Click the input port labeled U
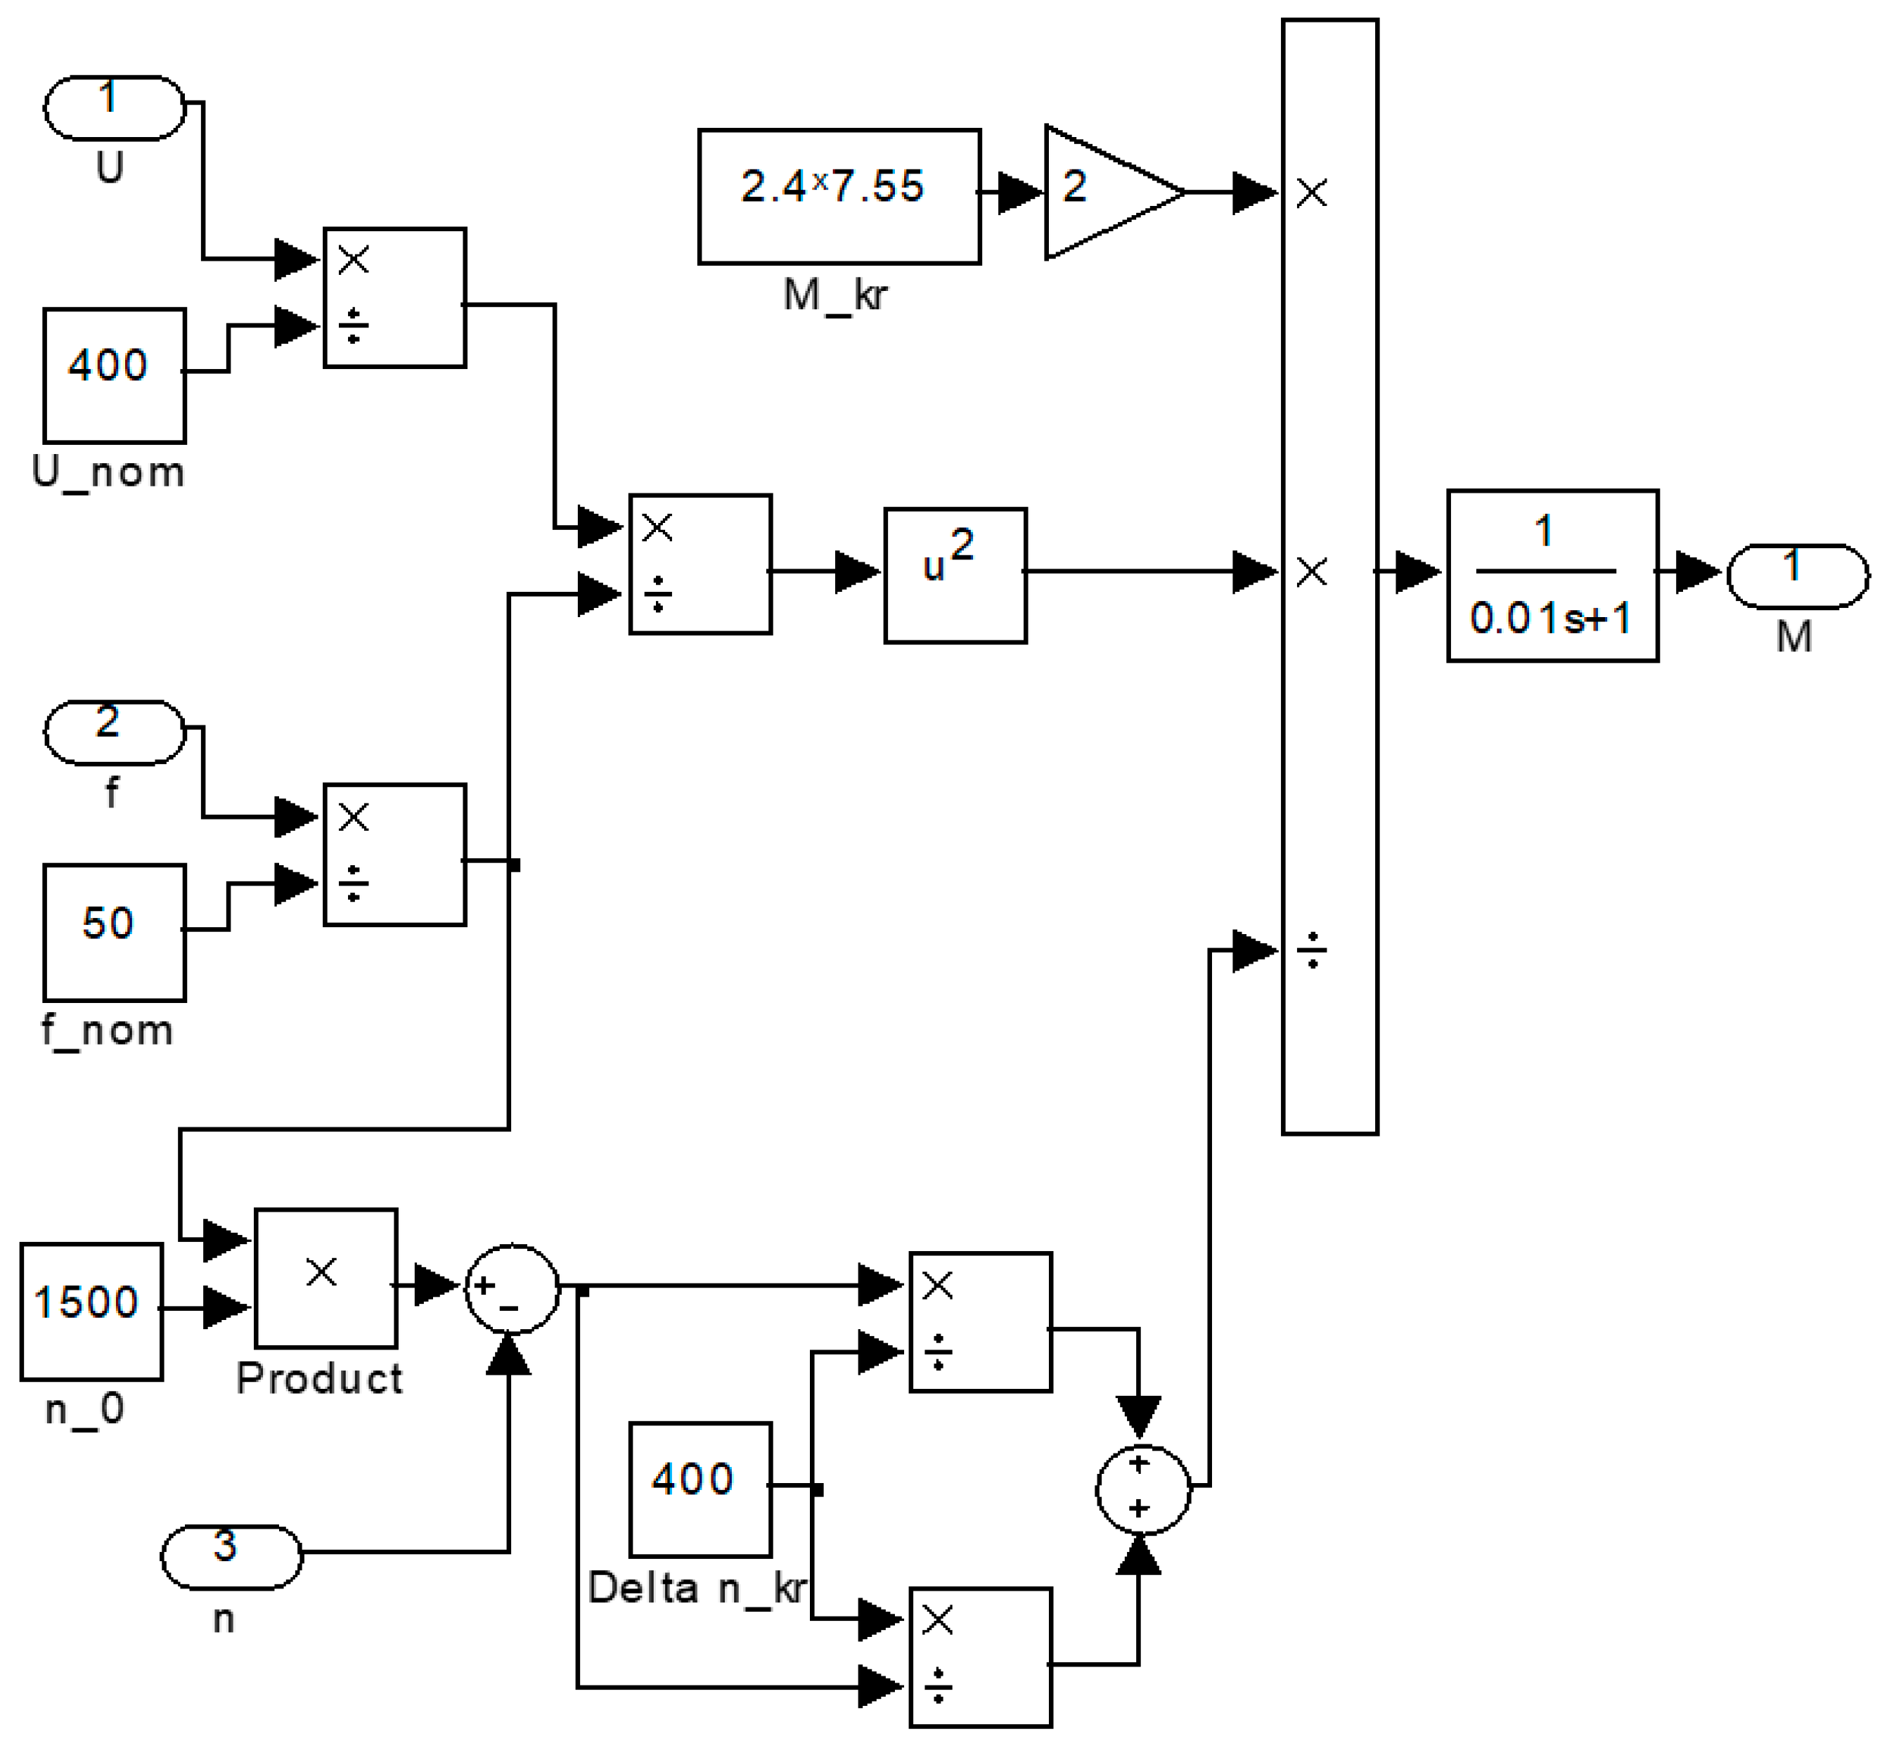coord(114,108)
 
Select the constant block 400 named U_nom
coord(114,375)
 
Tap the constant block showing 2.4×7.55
coord(838,196)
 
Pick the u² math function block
coord(954,575)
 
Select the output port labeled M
coord(1796,575)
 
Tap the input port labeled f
coord(114,732)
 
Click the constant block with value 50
coord(114,932)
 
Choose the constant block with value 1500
coord(91,1312)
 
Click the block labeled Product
coord(325,1278)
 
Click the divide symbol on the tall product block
coord(1311,952)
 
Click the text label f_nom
coord(108,1030)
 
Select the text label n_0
coord(85,1409)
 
